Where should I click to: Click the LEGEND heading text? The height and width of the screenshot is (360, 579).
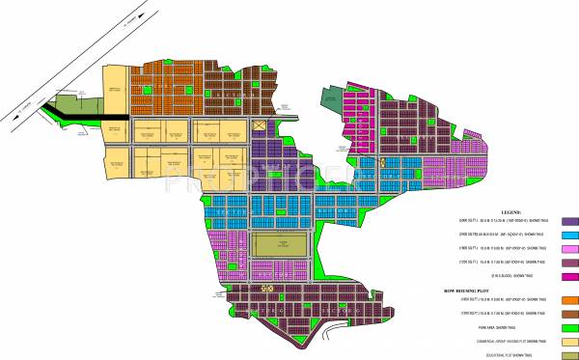point(510,209)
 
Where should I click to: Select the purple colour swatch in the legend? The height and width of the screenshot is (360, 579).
point(569,222)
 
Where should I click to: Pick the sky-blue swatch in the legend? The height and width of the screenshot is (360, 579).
point(569,235)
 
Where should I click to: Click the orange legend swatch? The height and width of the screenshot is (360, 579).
point(569,301)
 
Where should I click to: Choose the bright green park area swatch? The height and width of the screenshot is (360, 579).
point(569,327)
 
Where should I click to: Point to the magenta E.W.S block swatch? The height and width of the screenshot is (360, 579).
point(569,275)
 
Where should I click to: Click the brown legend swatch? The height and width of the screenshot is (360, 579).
point(569,315)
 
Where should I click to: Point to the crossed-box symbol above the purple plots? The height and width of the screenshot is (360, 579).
point(258,126)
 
